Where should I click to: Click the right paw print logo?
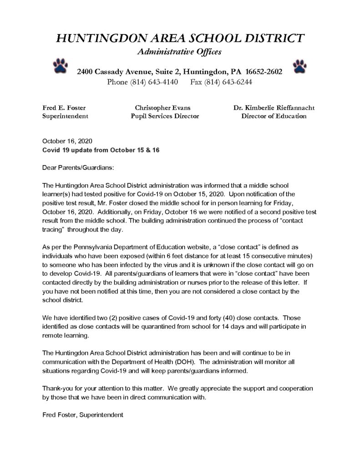coord(299,65)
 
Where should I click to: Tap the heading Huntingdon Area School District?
coord(179,38)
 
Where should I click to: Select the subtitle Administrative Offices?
coord(179,52)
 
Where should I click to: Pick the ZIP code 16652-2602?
coord(264,72)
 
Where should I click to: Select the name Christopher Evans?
coord(162,108)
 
